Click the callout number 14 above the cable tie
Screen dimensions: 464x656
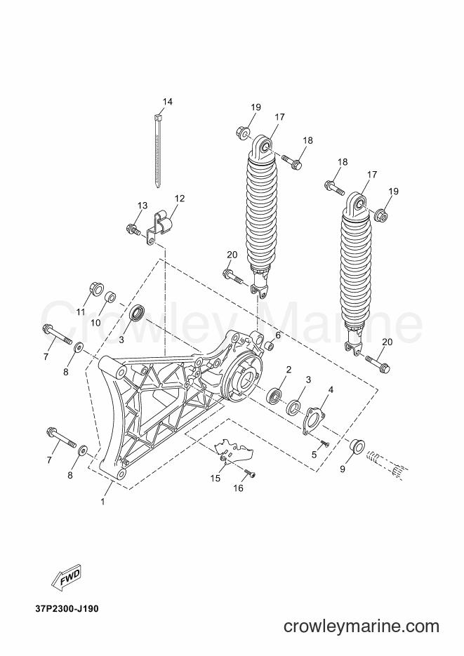pos(167,102)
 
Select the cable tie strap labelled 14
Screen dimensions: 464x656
pos(158,151)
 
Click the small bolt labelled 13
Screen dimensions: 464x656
pos(133,229)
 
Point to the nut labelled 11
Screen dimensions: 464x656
pos(96,289)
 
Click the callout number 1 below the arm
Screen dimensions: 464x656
pos(103,501)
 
